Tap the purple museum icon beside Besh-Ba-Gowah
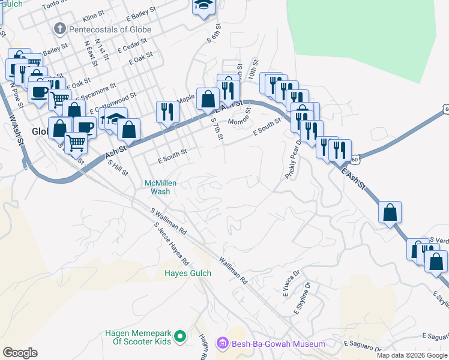tap(221, 344)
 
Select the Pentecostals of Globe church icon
tap(59, 28)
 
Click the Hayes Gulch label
tap(188, 274)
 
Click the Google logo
tap(20, 353)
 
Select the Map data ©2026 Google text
tap(411, 355)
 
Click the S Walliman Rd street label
tap(169, 221)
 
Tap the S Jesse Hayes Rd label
tap(171, 245)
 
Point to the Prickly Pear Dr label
tap(292, 159)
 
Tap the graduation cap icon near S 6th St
tap(203, 5)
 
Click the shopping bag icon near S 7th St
tap(208, 99)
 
